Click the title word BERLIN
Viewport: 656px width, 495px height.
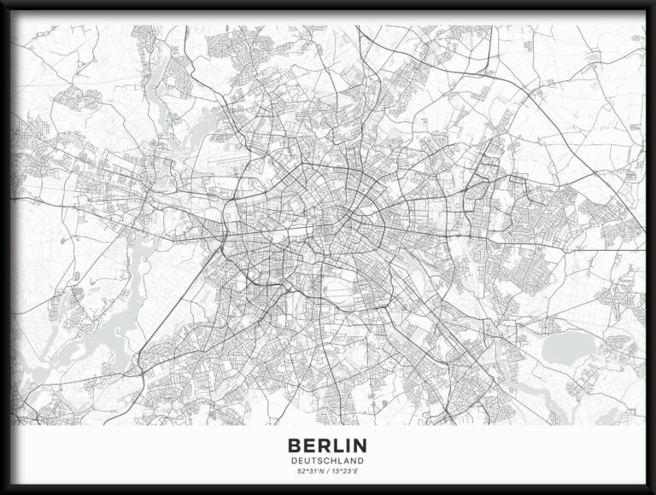tap(328, 445)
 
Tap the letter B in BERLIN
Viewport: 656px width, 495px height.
tap(296, 445)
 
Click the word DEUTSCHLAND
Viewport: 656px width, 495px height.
tap(328, 462)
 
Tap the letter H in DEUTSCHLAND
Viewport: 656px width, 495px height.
tap(335, 462)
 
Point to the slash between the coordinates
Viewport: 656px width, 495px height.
tap(327, 472)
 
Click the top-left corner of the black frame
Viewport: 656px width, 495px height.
tap(3, 3)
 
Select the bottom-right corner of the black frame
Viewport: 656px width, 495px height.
tap(653, 492)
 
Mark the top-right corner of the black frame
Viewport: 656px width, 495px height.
tap(653, 3)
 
